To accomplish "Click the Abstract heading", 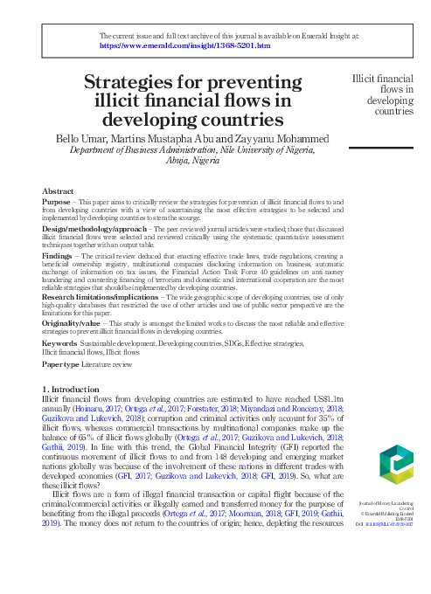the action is (x=58, y=191).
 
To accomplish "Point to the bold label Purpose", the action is (x=56, y=202).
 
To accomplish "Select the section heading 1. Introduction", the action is (x=73, y=388).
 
